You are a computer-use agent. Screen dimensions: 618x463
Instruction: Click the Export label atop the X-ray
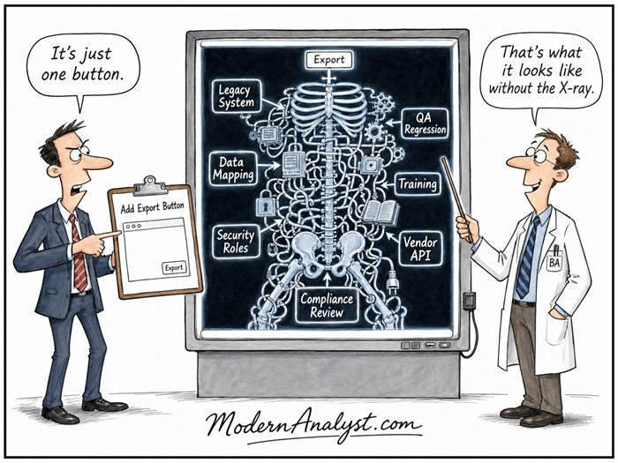328,60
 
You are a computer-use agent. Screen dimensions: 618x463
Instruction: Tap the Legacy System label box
237,96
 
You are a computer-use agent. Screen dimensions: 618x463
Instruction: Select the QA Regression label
425,123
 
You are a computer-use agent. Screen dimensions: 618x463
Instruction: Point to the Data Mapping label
232,168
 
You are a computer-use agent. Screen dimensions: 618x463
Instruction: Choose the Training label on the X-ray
418,184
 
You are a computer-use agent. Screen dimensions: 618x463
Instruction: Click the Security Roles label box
236,242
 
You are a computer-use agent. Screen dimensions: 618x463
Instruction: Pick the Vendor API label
420,249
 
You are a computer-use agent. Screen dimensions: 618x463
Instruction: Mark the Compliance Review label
327,305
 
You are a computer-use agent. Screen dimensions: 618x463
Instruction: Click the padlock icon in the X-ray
266,206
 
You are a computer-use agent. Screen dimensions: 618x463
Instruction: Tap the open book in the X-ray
381,213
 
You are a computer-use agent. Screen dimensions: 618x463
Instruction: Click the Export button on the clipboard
174,268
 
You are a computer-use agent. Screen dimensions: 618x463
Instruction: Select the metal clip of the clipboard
150,186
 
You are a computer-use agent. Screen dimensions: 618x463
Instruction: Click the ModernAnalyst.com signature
314,426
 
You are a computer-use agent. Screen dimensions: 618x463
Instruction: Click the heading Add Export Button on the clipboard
152,207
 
